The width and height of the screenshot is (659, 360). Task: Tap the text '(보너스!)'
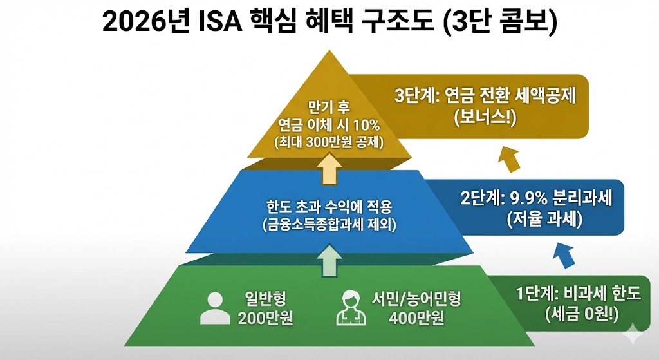tap(485, 118)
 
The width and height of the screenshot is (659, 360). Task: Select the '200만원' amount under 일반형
tap(261, 317)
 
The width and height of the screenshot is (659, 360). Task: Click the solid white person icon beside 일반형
tap(215, 308)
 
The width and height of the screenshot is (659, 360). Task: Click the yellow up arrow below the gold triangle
tap(329, 171)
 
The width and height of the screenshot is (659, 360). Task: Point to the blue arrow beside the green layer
tap(564, 255)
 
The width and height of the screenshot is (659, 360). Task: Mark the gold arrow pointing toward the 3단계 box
tap(510, 158)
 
